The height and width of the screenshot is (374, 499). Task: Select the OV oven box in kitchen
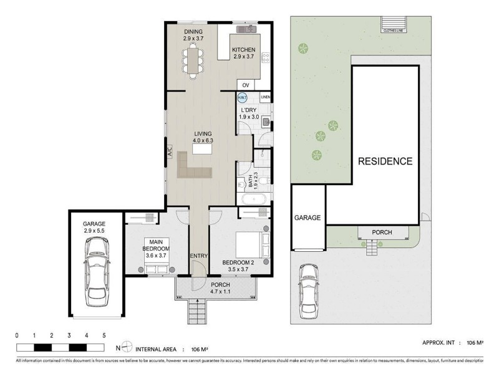click(x=245, y=85)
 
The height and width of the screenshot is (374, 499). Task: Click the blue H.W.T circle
click(x=242, y=98)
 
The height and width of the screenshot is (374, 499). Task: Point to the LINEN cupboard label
click(x=265, y=97)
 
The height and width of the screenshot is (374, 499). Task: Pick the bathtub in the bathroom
click(x=254, y=199)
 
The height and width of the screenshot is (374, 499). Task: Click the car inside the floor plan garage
click(x=97, y=269)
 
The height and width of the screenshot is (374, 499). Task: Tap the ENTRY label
click(x=198, y=256)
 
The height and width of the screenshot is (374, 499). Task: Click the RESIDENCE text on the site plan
click(x=385, y=161)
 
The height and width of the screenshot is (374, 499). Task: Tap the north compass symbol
click(x=127, y=348)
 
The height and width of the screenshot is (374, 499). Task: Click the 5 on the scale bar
click(x=104, y=335)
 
